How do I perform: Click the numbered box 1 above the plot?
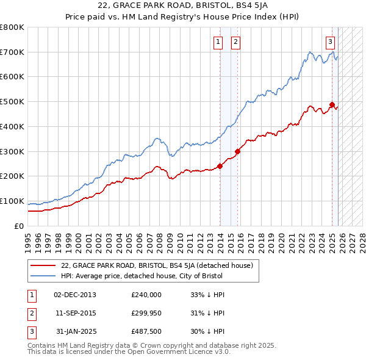[x=218, y=42]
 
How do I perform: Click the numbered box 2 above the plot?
[x=235, y=42]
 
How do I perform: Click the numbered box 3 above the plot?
[x=330, y=42]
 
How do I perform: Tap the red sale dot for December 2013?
[x=220, y=166]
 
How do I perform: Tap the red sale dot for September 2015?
[x=238, y=151]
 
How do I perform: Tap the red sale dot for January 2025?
[x=332, y=104]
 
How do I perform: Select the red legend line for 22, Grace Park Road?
[x=43, y=265]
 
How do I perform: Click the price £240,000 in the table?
[x=146, y=295]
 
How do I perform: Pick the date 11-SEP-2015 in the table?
[x=75, y=313]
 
